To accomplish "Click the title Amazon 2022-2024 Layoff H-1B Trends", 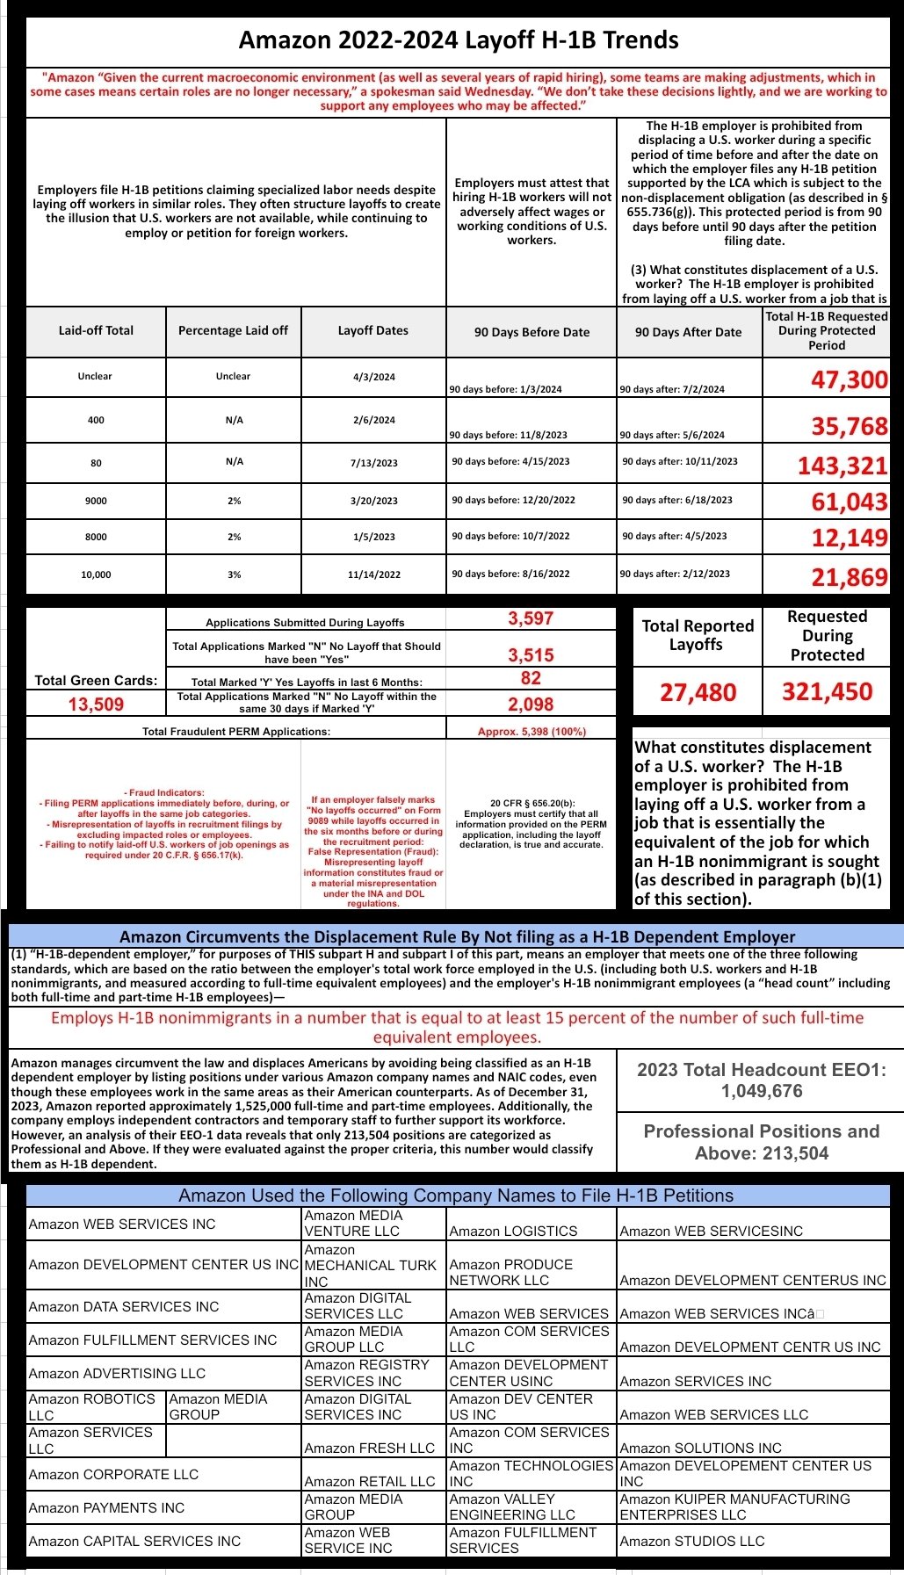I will (458, 40).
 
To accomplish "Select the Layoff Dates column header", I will (372, 331).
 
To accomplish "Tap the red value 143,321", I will (842, 466).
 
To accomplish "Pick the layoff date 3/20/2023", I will (373, 501).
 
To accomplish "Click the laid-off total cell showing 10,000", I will (96, 574).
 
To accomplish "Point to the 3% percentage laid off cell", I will (234, 574).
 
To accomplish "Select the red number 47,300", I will (849, 380).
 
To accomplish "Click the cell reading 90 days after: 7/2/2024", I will (672, 389).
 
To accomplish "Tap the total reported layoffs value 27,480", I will (698, 693).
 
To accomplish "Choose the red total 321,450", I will (827, 692).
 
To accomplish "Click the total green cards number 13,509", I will (96, 704).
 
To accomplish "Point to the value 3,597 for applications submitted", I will (531, 618).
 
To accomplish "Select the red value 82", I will (531, 678).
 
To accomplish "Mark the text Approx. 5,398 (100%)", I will (532, 731).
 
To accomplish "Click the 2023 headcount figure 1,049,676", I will (761, 1091).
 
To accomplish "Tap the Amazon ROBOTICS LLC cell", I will (91, 1406).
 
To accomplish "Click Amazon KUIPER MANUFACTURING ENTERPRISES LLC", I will (734, 1506).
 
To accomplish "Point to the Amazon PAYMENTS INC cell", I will (106, 1507).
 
